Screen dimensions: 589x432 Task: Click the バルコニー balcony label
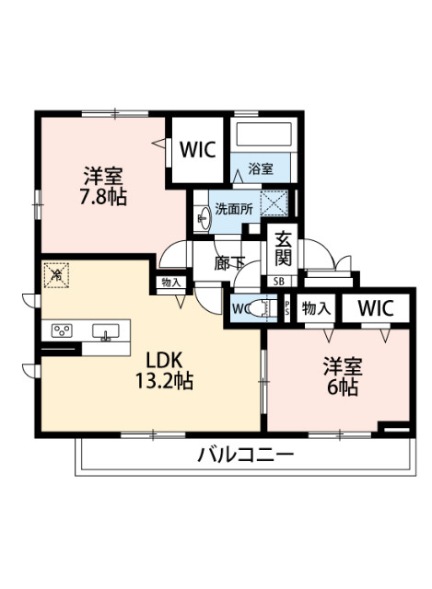pyautogui.click(x=245, y=454)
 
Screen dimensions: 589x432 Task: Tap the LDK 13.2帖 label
pyautogui.click(x=165, y=368)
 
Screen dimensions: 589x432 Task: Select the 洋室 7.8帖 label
pyautogui.click(x=103, y=185)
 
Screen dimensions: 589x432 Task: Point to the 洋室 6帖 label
pyautogui.click(x=341, y=375)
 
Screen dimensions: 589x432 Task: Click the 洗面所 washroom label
pyautogui.click(x=233, y=209)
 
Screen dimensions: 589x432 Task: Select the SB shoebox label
pyautogui.click(x=277, y=281)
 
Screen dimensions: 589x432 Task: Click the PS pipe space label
pyautogui.click(x=287, y=308)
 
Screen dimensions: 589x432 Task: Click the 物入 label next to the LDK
pyautogui.click(x=170, y=283)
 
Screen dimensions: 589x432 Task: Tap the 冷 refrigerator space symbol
pyautogui.click(x=56, y=273)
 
